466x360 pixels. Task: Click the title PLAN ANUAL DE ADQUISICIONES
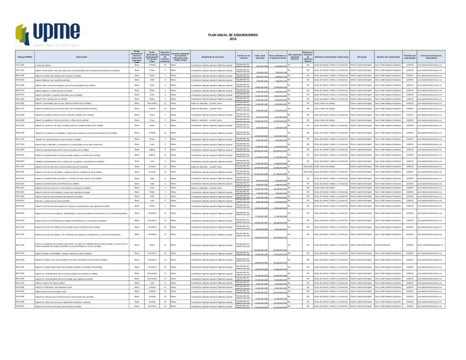233,35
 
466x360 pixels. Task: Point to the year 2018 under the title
233,39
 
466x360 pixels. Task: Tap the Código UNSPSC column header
25,57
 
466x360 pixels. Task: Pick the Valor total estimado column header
260,57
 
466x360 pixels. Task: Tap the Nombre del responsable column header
388,57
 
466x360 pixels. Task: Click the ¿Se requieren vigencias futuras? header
294,57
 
